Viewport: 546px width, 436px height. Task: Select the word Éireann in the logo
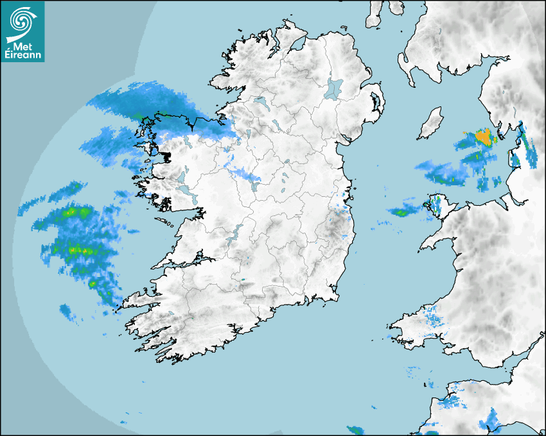[23, 56]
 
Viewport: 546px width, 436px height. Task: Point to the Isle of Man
[431, 123]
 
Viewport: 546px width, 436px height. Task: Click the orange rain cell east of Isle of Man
[484, 137]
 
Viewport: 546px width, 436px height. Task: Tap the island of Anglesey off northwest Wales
[437, 205]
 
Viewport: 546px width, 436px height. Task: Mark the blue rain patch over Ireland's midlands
[245, 174]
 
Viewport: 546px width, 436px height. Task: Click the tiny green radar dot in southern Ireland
[243, 280]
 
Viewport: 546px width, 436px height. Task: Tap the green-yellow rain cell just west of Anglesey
[402, 212]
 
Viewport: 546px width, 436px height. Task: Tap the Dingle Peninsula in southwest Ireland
[138, 300]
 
